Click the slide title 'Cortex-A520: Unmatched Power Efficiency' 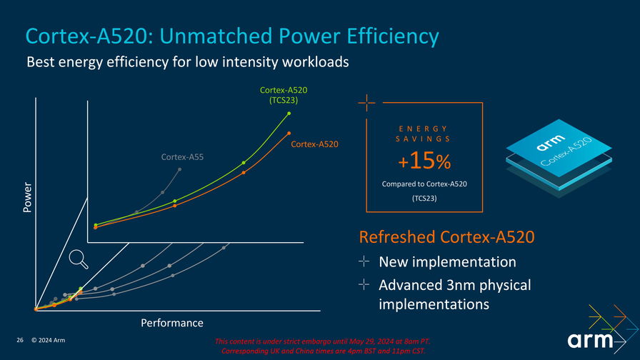click(x=232, y=35)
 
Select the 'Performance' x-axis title click(x=172, y=323)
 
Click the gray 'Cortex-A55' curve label click(x=182, y=156)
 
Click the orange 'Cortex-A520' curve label click(x=314, y=144)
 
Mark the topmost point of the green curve click(x=289, y=114)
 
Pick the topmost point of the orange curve click(x=289, y=133)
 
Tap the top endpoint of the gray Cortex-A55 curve click(x=180, y=169)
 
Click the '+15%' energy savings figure click(x=424, y=161)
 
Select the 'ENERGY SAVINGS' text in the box click(x=424, y=133)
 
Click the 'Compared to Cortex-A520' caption click(x=424, y=184)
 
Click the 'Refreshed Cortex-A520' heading click(x=447, y=236)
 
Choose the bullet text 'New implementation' click(x=447, y=261)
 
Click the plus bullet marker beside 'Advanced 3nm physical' click(x=365, y=285)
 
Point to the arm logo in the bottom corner click(x=590, y=340)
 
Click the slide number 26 click(x=20, y=339)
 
